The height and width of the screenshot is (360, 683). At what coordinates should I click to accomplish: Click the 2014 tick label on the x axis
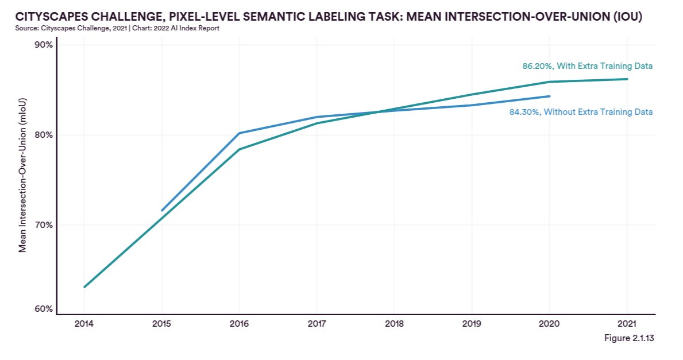pos(84,324)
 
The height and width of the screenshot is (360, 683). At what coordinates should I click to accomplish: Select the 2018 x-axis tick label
pos(394,324)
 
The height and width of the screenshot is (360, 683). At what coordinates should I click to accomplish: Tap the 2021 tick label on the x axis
pos(627,324)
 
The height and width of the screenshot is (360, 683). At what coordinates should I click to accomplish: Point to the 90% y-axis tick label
pos(44,45)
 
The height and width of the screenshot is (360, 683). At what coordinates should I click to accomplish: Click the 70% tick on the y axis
pos(44,224)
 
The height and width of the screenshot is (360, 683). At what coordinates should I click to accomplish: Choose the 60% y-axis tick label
pos(44,309)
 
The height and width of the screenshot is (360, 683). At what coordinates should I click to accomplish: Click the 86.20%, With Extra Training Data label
pos(587,66)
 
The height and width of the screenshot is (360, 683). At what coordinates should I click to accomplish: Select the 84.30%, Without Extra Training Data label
pos(581,112)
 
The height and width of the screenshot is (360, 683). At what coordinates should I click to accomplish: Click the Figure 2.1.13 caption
pos(629,338)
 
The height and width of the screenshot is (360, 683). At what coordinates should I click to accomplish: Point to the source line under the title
pos(117,28)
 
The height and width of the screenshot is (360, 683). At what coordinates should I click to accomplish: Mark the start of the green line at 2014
pos(84,287)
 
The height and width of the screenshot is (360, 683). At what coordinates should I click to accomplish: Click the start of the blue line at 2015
pos(161,211)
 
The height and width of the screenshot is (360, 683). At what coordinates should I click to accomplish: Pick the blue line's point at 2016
pos(239,133)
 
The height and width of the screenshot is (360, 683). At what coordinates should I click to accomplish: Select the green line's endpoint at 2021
pos(627,79)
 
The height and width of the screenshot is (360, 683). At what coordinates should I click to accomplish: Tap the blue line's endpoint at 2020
pos(549,96)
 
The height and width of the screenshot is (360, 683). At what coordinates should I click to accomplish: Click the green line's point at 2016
pos(239,149)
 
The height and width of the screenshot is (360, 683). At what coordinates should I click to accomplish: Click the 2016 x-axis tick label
pos(239,324)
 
